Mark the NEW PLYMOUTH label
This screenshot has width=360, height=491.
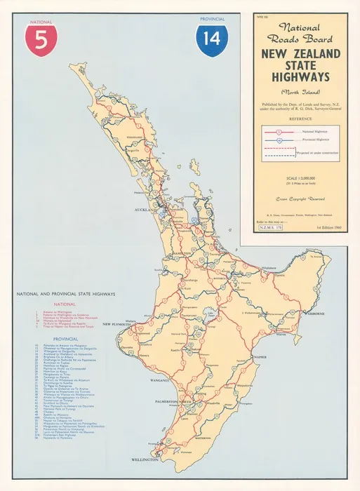[x=117, y=325]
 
